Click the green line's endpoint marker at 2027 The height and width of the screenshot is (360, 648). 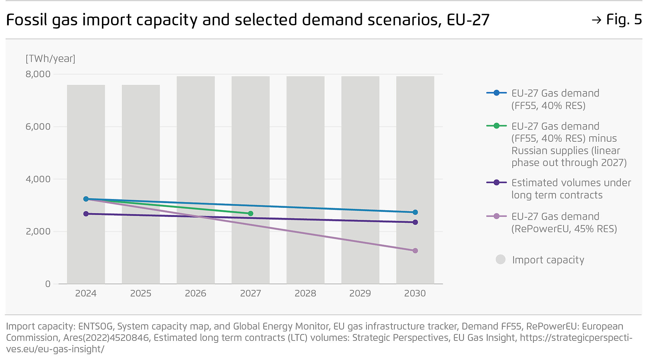[x=250, y=214]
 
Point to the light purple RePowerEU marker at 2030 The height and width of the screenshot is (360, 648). [x=415, y=251]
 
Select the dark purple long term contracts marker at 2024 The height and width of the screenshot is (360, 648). [x=86, y=214]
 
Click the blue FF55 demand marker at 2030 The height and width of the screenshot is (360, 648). [x=415, y=212]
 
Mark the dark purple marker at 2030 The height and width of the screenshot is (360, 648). [x=415, y=222]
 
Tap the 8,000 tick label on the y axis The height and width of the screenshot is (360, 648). [x=38, y=74]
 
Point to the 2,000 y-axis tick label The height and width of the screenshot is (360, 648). [x=38, y=231]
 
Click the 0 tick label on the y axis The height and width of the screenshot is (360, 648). [x=48, y=284]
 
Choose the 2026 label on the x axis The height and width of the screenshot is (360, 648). [x=195, y=293]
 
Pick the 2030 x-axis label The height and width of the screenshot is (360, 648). [x=415, y=293]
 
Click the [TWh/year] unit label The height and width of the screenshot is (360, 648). [x=50, y=59]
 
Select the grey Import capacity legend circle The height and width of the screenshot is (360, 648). [x=501, y=259]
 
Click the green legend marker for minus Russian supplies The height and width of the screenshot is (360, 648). [x=496, y=126]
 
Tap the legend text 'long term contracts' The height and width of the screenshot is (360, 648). [x=557, y=195]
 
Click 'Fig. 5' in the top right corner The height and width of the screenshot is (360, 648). [x=624, y=20]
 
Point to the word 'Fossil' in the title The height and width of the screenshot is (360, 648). [x=27, y=20]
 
